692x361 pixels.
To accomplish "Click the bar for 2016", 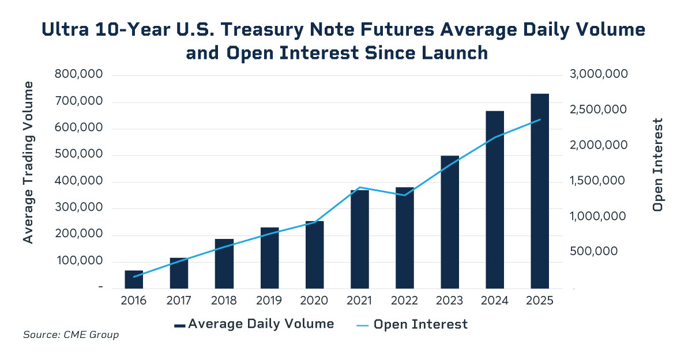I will (x=134, y=279).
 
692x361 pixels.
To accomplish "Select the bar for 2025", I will (x=540, y=191).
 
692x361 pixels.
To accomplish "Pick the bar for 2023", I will (x=450, y=222).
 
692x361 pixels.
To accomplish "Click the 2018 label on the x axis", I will (x=224, y=301).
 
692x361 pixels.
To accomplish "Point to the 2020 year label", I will (x=314, y=301).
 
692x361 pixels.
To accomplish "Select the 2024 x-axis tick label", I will (x=495, y=301).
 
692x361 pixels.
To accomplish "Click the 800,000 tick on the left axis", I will (x=78, y=75).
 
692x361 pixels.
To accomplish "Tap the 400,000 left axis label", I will (x=78, y=181).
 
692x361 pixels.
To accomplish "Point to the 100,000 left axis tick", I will (x=78, y=261).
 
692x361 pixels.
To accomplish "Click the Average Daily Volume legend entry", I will (x=254, y=324).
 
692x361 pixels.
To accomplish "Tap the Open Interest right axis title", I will (x=657, y=165).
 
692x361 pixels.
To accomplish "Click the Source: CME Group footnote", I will (x=71, y=335).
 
